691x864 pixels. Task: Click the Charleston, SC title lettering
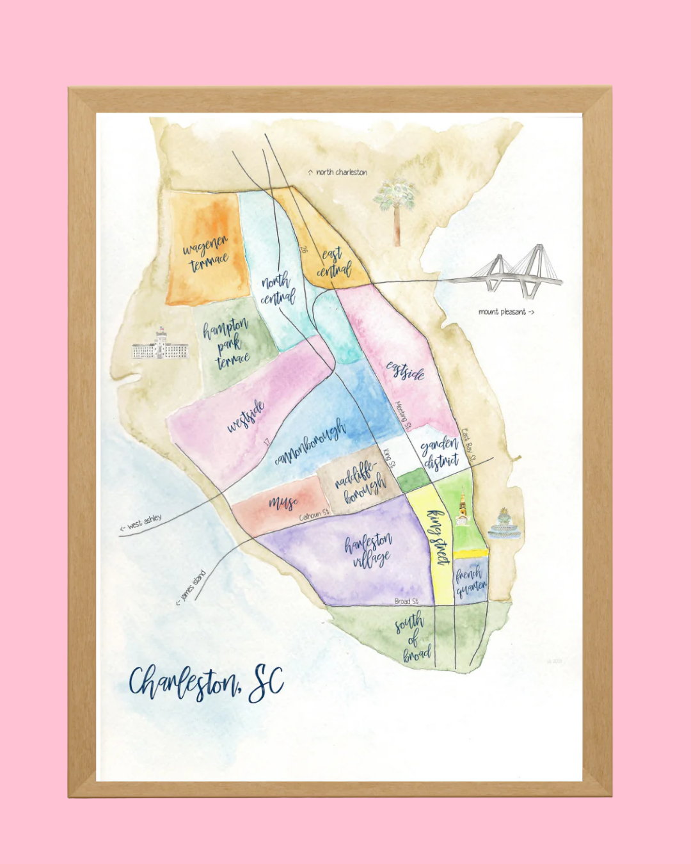click(x=206, y=683)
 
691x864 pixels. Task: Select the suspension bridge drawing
click(x=512, y=272)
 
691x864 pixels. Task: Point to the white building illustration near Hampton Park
click(x=160, y=346)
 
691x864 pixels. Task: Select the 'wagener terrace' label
click(x=206, y=253)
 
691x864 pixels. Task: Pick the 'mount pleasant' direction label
click(x=505, y=312)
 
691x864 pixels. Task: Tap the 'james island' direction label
click(x=191, y=587)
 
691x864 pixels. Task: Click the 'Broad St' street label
click(x=406, y=601)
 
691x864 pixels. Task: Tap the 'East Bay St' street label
click(x=469, y=445)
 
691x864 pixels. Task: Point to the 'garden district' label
click(x=440, y=452)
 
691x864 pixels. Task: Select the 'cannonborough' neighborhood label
click(x=311, y=442)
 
